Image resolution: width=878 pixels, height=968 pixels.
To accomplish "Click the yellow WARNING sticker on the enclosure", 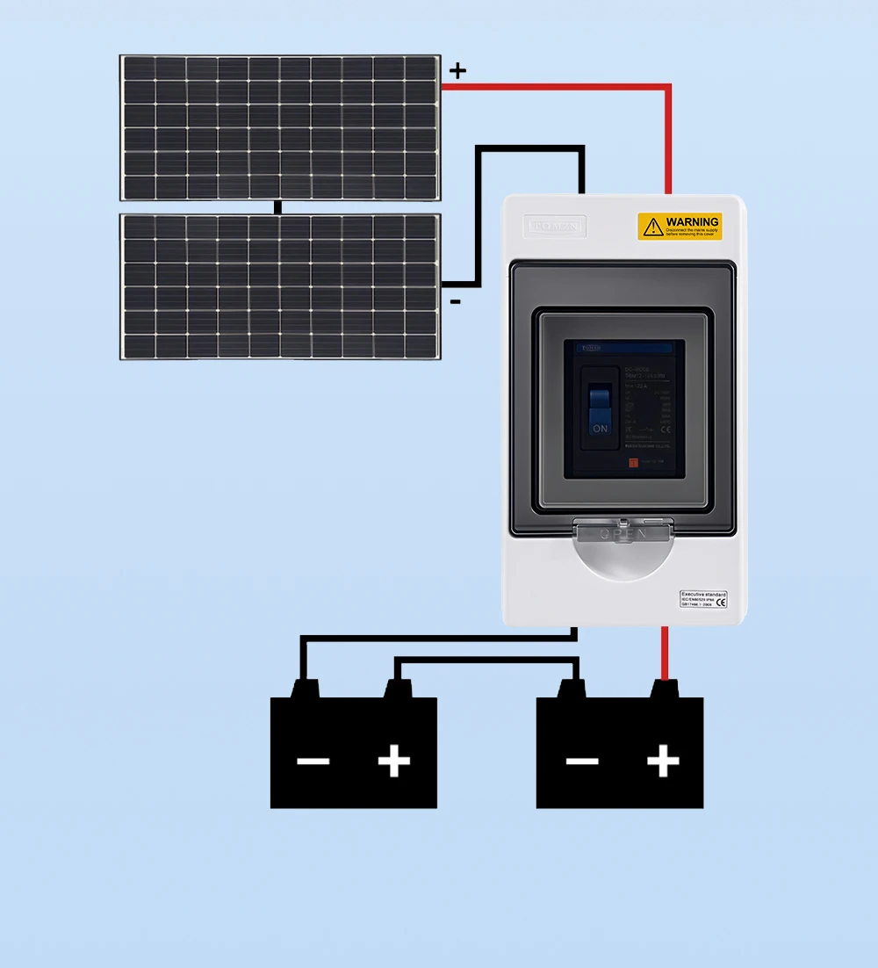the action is point(680,227).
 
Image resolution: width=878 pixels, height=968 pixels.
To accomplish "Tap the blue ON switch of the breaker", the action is point(600,409).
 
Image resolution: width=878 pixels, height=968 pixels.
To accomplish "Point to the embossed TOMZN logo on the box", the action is point(554,227).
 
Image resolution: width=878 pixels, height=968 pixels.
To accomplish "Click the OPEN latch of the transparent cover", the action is point(623,533).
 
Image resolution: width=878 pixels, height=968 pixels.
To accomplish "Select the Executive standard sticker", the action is point(703,599).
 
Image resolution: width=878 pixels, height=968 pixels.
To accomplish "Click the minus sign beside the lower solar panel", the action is point(455,302).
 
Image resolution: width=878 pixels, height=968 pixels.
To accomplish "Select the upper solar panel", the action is point(280,127).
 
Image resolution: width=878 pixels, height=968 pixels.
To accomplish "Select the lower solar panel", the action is point(280,286).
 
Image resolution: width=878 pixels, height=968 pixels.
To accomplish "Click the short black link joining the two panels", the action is point(278,207).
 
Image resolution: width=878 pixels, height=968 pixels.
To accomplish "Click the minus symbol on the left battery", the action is point(313,761).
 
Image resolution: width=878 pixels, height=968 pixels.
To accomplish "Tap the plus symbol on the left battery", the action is point(394,761).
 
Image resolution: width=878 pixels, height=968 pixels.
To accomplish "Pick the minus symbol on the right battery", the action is point(581,761).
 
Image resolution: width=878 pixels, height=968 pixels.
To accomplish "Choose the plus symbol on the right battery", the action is point(663,761).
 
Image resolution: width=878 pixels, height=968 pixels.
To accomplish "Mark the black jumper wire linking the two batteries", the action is point(486,659).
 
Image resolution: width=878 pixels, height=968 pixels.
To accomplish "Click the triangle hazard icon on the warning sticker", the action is point(652,228).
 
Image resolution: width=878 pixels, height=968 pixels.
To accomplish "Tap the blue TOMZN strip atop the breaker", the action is point(619,348).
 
